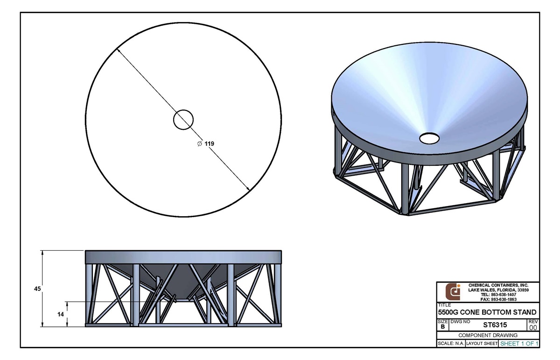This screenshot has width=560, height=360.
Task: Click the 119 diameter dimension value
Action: [x=210, y=144]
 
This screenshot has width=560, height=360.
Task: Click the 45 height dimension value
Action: [x=37, y=289]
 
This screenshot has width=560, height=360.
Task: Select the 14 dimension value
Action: [x=60, y=314]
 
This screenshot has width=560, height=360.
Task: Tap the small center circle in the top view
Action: [x=183, y=120]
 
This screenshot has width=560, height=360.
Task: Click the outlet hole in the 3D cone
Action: [x=429, y=138]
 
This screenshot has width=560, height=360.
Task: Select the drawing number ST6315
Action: [x=495, y=325]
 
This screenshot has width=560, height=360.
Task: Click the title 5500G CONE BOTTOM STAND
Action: [x=487, y=312]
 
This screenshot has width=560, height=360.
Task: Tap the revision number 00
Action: [x=533, y=328]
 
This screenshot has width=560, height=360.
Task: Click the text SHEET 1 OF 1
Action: [x=519, y=344]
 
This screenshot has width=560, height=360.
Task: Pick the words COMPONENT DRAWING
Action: [x=488, y=335]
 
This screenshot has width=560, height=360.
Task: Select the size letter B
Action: [x=442, y=327]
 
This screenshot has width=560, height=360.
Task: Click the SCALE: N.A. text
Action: [x=450, y=344]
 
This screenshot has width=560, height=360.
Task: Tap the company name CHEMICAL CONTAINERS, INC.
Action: [x=498, y=285]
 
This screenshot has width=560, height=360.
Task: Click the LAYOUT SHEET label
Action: [x=482, y=344]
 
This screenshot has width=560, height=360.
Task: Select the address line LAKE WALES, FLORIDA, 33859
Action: [x=498, y=290]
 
